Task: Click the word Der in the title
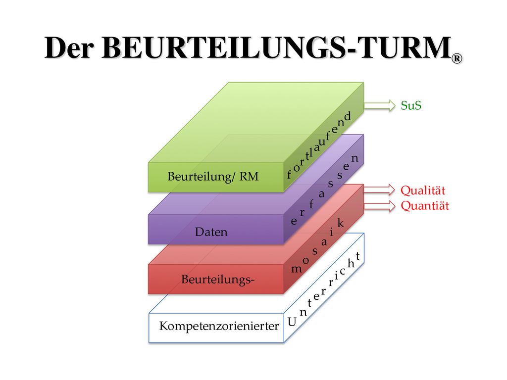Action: (x=69, y=47)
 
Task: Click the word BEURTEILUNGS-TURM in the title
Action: (x=277, y=47)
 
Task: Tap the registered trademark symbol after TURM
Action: (x=457, y=58)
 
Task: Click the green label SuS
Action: (x=411, y=105)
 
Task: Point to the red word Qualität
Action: (x=423, y=190)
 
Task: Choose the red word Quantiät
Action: (x=425, y=205)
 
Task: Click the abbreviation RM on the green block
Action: (x=249, y=177)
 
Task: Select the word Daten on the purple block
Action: (x=211, y=232)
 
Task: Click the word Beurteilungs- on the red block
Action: (x=218, y=279)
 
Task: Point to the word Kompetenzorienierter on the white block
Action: (x=219, y=326)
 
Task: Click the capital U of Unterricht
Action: (x=292, y=322)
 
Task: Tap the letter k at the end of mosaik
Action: (x=340, y=223)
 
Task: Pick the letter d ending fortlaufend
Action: (x=348, y=116)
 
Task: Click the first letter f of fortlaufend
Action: (x=289, y=174)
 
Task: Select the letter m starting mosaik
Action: (x=297, y=269)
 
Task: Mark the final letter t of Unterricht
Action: (x=358, y=256)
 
